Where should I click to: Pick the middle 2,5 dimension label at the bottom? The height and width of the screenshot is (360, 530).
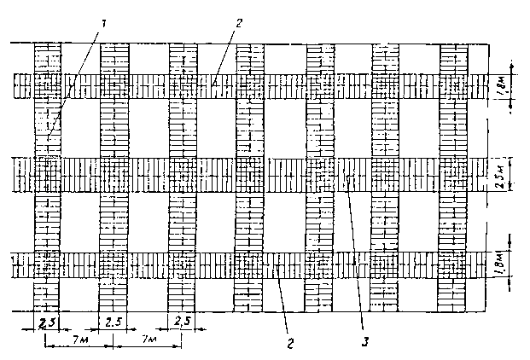[x=114, y=321]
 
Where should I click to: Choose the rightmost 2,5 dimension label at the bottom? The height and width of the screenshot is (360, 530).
[x=182, y=321]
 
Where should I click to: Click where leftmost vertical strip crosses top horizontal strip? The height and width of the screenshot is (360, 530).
[x=47, y=85]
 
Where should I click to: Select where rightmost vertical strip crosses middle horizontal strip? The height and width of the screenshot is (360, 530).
[x=453, y=174]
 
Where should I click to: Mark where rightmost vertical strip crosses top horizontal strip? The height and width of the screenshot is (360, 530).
[x=453, y=85]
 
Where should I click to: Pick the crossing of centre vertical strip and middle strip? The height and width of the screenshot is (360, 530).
[x=250, y=174]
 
